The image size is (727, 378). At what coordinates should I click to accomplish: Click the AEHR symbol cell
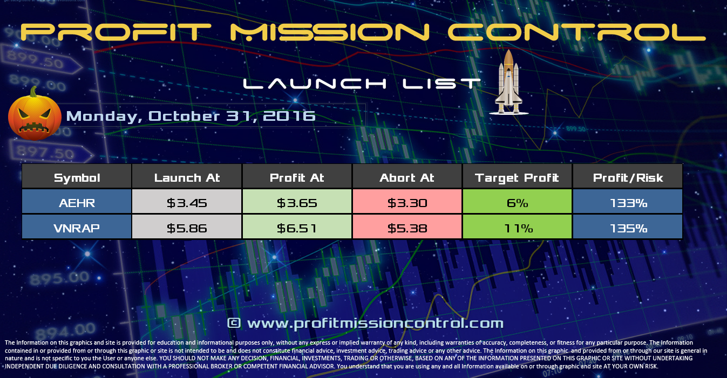pos(77,203)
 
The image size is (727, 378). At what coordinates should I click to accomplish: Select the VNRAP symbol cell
pos(77,228)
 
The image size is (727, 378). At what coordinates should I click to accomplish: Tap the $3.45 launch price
pos(187,203)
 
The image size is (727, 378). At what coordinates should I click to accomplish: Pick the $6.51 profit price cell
pos(297,228)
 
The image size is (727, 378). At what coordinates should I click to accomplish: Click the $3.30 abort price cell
pos(407,203)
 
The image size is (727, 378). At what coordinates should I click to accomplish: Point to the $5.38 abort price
pos(407,228)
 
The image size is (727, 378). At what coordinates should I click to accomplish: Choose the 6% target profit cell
pos(517,203)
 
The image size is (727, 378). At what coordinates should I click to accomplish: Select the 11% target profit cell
pos(517,228)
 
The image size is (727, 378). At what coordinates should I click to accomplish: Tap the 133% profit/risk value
pos(627,203)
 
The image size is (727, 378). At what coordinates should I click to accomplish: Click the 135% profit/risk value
pos(627,228)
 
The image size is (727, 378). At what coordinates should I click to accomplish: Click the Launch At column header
pos(187,178)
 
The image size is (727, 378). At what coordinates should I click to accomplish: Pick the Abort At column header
pos(407,178)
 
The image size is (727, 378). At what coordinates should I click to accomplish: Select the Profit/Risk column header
pos(627,178)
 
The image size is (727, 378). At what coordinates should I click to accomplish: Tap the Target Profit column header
pos(517,178)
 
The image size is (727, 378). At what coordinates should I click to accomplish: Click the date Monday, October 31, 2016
pos(191,116)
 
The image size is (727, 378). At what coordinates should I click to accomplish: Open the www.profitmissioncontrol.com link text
pos(365,323)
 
